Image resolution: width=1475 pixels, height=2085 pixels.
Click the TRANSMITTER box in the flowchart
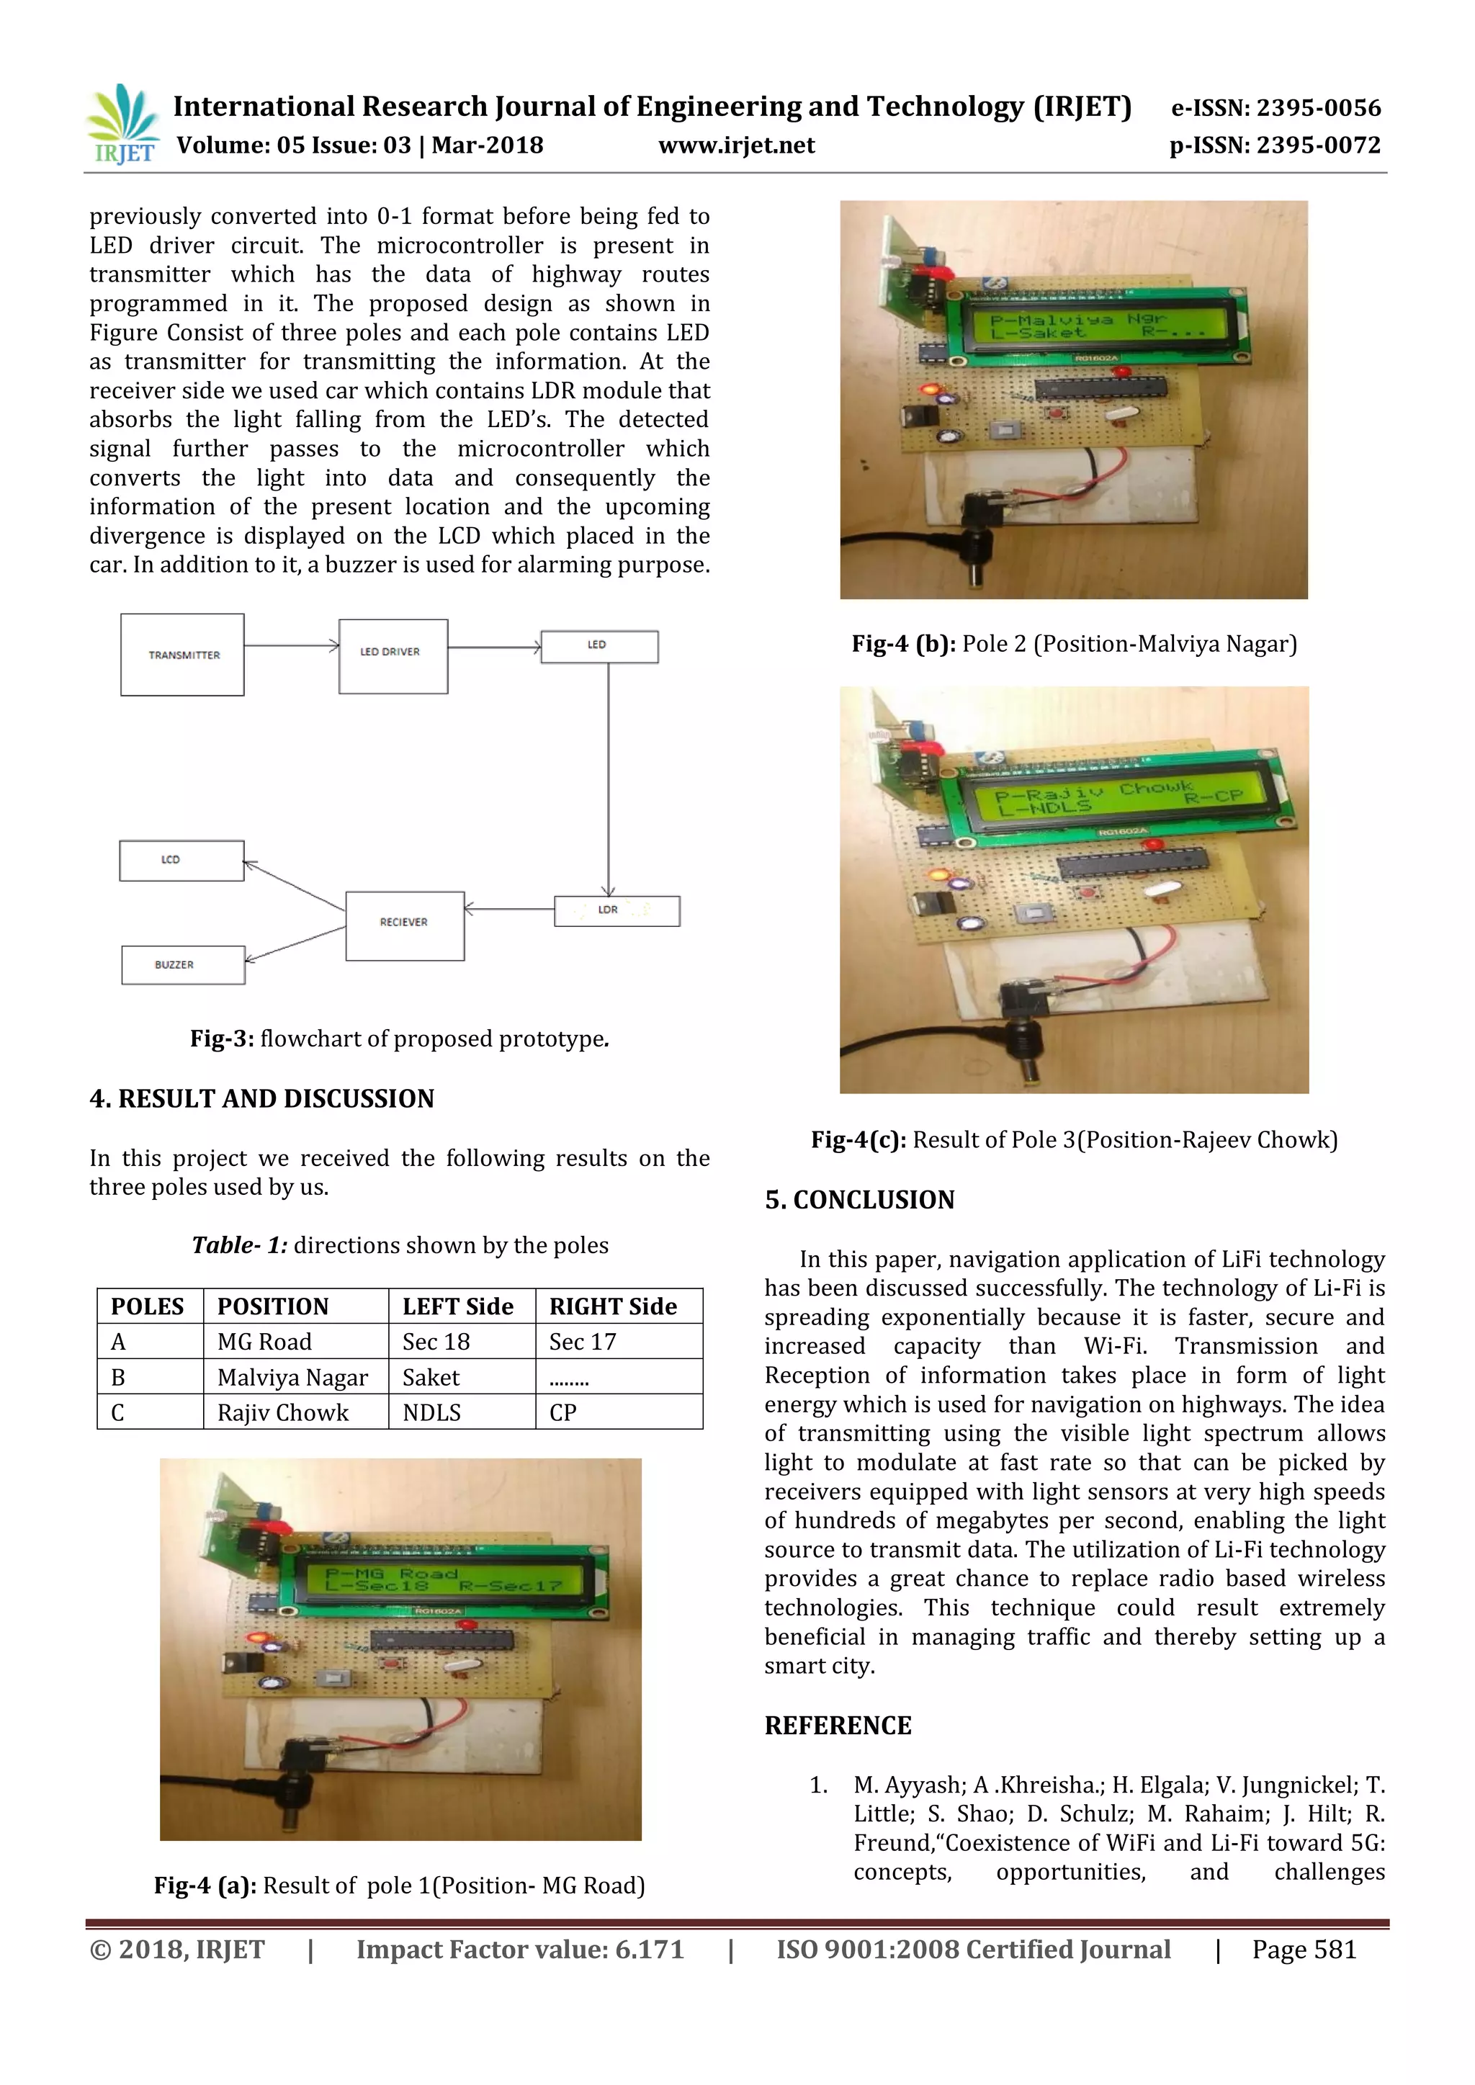pos(182,655)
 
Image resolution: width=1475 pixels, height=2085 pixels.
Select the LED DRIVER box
pos(393,655)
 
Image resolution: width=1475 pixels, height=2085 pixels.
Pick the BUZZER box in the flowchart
pos(182,964)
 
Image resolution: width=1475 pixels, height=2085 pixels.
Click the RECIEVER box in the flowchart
pos(404,925)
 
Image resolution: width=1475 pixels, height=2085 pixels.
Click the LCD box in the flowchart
pos(181,860)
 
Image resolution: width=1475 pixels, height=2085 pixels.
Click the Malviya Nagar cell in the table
pos(292,1378)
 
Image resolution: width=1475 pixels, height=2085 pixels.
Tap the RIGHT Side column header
pos(613,1306)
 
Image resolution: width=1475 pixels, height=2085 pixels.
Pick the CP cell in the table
pos(563,1412)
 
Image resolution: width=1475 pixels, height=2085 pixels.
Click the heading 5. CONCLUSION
pos(859,1200)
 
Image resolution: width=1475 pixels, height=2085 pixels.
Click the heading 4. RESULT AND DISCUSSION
pos(261,1099)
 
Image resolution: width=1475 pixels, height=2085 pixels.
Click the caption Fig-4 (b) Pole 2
pos(1074,644)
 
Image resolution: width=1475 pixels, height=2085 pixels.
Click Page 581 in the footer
pos(1304,1950)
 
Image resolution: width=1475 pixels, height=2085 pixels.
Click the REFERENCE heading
pos(838,1726)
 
